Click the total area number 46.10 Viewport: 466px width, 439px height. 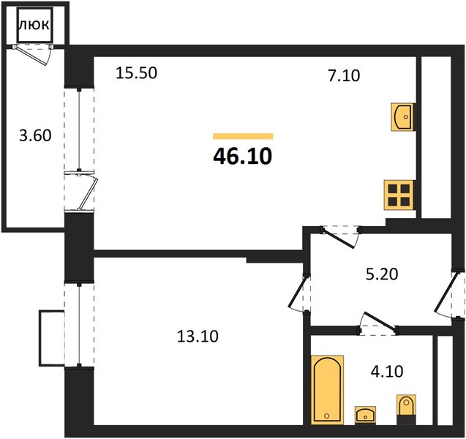243,157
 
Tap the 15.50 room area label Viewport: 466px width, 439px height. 136,73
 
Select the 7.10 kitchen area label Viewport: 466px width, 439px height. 344,75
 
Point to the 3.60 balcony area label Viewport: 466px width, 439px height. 35,135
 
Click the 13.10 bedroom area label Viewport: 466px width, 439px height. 198,337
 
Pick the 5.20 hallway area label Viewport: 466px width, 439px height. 382,274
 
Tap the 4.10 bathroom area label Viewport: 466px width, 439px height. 387,371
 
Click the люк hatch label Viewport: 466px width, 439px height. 34,25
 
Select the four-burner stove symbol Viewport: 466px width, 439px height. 399,195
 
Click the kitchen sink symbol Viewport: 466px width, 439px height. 402,117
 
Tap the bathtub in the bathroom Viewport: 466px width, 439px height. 328,389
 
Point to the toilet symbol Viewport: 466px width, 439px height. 406,409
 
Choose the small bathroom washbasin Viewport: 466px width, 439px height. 365,415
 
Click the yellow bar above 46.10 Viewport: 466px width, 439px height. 243,136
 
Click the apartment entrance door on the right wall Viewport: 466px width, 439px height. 448,294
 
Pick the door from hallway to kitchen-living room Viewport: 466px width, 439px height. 340,237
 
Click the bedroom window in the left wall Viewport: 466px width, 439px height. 79,325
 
